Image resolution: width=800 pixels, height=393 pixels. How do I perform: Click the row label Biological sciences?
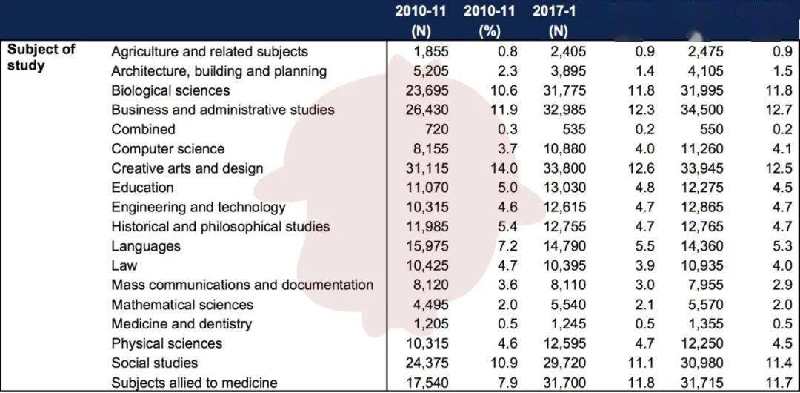click(170, 90)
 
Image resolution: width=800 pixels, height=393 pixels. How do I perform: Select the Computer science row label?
click(167, 149)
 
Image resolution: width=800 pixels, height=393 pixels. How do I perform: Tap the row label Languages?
click(146, 246)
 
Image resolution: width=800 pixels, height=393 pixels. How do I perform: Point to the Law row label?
click(124, 265)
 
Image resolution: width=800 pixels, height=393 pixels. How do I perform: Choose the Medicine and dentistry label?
click(181, 324)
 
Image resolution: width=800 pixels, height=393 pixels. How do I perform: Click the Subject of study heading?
click(41, 58)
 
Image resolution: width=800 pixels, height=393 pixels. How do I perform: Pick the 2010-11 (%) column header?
click(490, 22)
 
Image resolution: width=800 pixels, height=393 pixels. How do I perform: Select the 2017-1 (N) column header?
click(554, 22)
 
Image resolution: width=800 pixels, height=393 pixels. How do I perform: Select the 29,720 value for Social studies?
click(564, 363)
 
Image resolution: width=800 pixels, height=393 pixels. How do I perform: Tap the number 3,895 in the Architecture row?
click(568, 71)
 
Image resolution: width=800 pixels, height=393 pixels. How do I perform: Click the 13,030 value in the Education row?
click(564, 188)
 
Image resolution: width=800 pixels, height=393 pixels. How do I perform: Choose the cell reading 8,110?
click(568, 285)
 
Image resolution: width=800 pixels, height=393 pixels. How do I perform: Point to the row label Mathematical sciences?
click(182, 305)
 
